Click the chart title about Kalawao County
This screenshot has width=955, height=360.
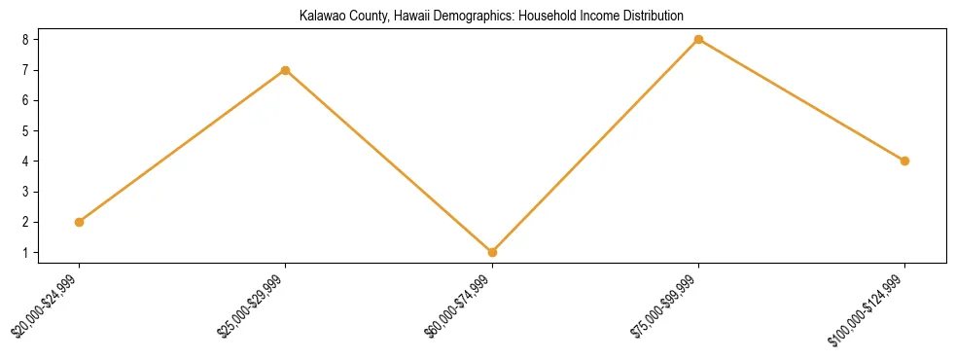click(477, 16)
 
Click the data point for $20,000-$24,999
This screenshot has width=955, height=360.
click(79, 222)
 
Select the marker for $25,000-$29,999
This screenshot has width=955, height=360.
click(285, 70)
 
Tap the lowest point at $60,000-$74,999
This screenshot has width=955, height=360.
click(492, 252)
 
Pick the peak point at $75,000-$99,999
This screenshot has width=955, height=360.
click(698, 40)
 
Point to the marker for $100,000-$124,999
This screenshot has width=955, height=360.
click(904, 161)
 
